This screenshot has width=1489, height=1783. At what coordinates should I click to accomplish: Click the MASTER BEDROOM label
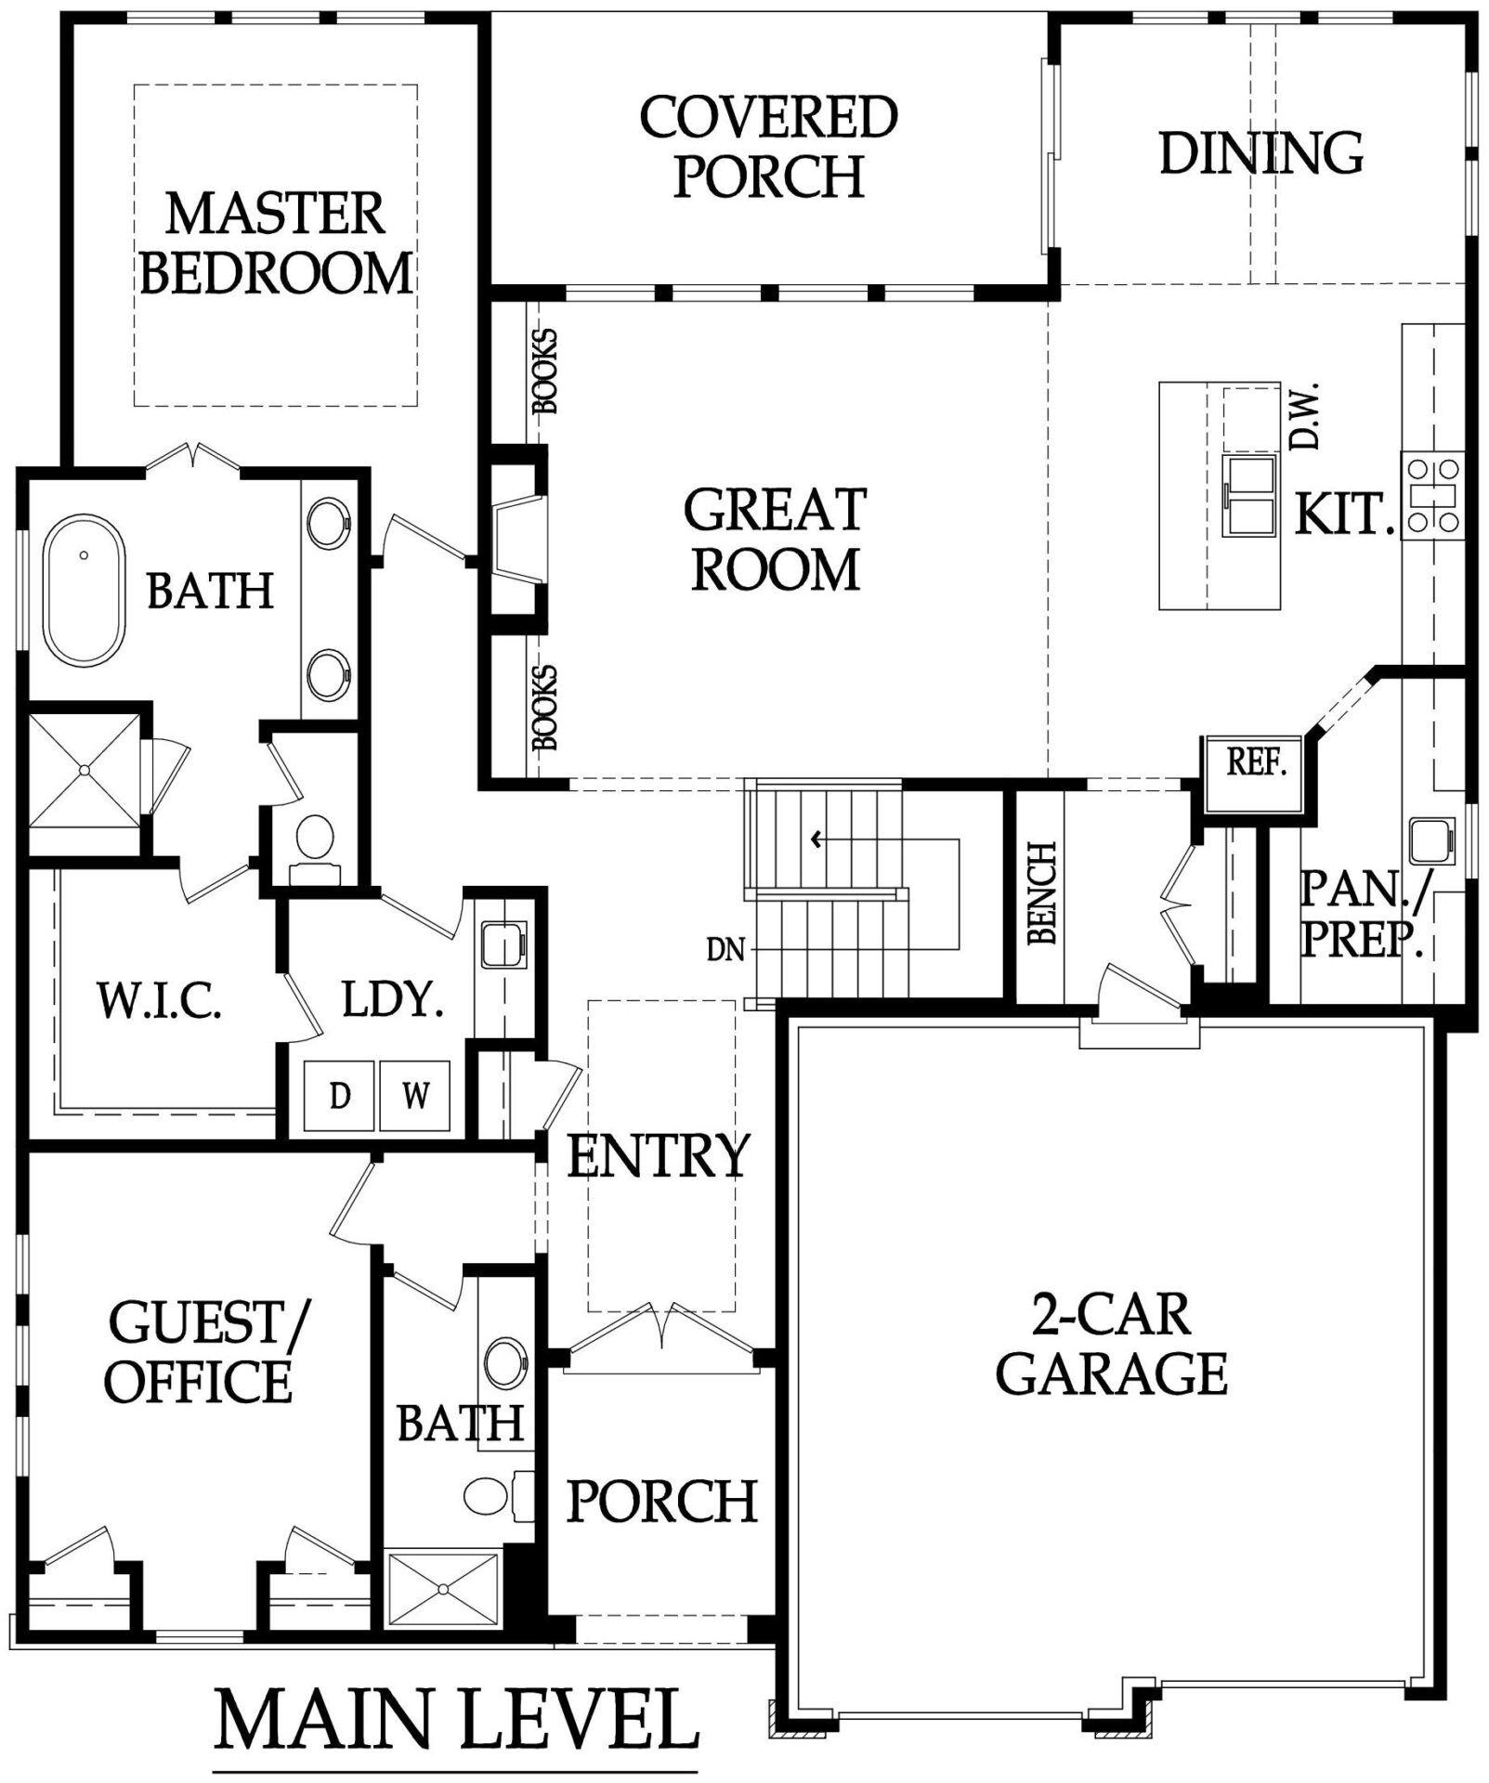(x=276, y=242)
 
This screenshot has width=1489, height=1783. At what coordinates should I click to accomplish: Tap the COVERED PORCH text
(x=769, y=146)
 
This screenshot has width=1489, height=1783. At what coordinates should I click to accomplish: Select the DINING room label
(x=1261, y=153)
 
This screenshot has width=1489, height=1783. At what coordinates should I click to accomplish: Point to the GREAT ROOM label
(x=776, y=540)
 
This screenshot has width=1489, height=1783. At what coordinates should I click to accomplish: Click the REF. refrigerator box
(x=1256, y=762)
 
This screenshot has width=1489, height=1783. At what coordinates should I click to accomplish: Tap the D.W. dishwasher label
(x=1305, y=418)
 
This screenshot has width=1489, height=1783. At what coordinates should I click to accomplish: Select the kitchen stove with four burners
(x=1432, y=495)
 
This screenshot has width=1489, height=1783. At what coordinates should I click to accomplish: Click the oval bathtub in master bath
(x=85, y=590)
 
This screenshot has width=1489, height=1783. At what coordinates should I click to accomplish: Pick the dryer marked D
(x=340, y=1096)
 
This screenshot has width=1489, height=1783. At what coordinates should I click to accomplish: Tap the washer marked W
(x=415, y=1096)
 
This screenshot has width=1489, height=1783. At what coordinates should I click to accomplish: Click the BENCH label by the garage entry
(x=1042, y=893)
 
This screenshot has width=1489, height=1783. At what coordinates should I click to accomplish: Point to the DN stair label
(x=725, y=950)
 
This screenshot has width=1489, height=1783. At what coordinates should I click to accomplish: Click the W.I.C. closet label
(x=159, y=1001)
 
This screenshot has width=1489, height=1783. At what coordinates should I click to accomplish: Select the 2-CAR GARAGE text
(x=1112, y=1344)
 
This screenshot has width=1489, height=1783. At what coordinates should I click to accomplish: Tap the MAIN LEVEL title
(x=456, y=1719)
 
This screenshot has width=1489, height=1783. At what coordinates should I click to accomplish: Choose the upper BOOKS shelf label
(x=545, y=371)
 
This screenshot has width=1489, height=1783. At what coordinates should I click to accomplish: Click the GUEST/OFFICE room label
(x=206, y=1352)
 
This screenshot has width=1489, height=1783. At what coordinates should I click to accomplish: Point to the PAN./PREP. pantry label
(x=1362, y=914)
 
